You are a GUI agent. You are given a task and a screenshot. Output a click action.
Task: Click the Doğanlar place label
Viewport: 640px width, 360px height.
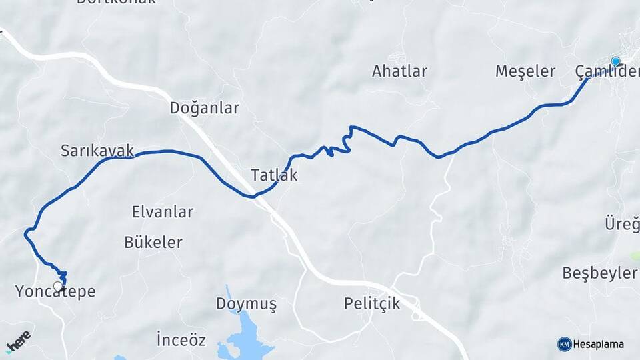[204, 108]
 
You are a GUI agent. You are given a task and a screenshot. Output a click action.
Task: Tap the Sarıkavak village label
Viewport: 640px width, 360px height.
[97, 150]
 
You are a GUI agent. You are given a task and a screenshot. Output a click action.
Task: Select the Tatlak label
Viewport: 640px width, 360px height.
[274, 175]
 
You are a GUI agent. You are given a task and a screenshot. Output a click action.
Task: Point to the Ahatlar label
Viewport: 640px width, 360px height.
[399, 71]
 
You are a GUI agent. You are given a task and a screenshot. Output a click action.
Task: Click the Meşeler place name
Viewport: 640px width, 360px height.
[525, 71]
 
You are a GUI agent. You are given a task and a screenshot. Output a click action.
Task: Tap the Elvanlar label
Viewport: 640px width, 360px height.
[163, 212]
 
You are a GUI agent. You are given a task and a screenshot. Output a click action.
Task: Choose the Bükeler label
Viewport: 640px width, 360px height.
[153, 242]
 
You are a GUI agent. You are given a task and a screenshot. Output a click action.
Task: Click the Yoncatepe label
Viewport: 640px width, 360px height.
[55, 292]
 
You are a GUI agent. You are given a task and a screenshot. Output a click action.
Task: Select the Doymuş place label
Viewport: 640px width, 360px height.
[246, 304]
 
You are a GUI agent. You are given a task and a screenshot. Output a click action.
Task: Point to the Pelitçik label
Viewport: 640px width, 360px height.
[372, 304]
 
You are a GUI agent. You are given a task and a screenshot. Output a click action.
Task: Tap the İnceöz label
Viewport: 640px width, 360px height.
[181, 340]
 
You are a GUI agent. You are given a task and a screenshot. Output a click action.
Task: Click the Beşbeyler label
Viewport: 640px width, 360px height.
[599, 273]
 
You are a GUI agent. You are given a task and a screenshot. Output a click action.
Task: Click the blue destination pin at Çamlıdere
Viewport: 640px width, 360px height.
[615, 62]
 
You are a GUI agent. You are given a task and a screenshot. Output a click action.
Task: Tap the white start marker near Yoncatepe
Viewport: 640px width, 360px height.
[58, 287]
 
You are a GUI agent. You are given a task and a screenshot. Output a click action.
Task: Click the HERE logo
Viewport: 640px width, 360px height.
[18, 341]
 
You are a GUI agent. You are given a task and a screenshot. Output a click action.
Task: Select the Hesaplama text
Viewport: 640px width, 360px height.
[599, 345]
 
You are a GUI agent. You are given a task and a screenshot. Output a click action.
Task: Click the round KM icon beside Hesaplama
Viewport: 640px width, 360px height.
[564, 344]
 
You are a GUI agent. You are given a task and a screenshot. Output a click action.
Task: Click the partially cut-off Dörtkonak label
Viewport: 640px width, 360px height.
[116, 2]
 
